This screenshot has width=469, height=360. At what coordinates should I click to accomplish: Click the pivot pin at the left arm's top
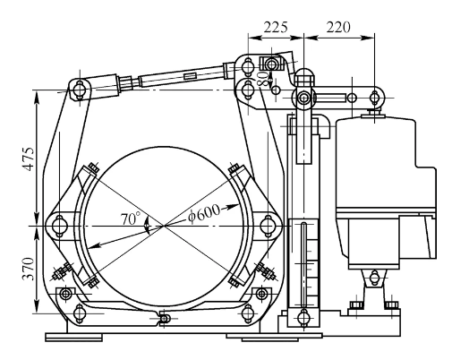click(x=80, y=88)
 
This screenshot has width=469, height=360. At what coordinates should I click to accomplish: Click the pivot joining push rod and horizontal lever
click(x=304, y=96)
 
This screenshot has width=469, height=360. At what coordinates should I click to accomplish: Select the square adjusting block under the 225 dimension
click(x=269, y=64)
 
